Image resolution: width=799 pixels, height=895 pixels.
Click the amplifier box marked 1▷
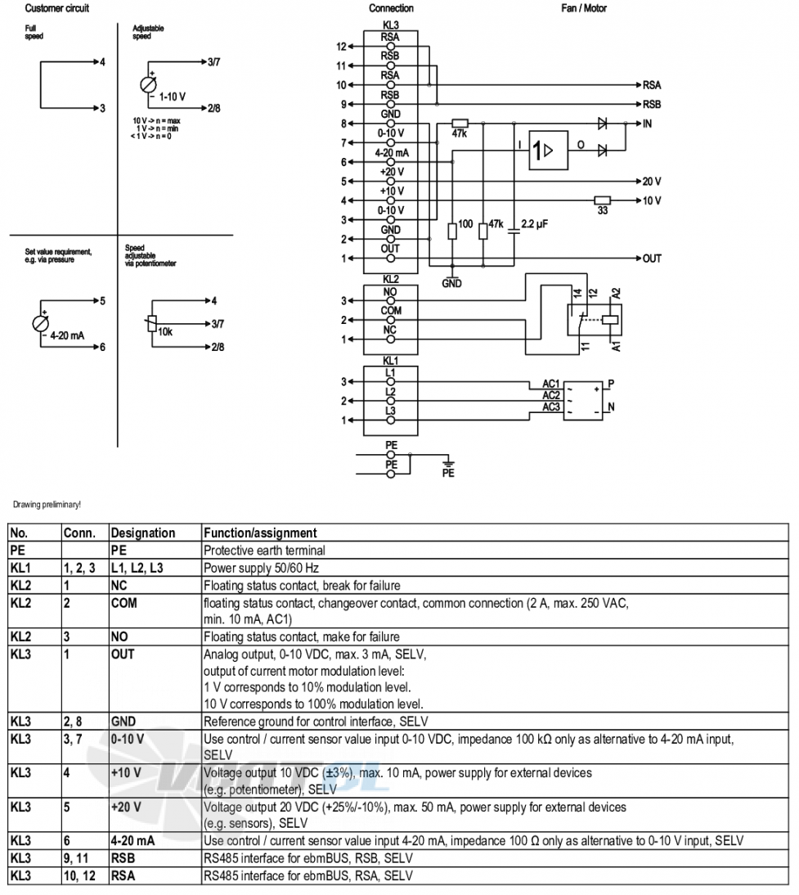(x=549, y=150)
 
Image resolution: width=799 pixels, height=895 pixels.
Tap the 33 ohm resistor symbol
(x=603, y=200)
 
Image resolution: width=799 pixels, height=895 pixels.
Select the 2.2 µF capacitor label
(x=534, y=224)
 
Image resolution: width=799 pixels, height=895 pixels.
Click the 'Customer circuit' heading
(x=57, y=8)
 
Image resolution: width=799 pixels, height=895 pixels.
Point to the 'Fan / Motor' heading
(x=584, y=8)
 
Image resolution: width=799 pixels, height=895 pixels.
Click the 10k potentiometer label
(x=165, y=331)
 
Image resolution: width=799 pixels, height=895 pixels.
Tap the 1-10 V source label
(x=173, y=97)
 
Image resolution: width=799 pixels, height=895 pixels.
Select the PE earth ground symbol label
(x=448, y=473)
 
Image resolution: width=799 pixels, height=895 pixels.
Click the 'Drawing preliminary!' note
(x=47, y=505)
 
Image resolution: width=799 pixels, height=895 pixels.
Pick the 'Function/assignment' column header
(x=260, y=533)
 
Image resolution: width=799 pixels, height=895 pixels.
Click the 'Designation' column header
(x=143, y=533)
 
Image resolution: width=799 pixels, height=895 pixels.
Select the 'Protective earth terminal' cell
(x=264, y=551)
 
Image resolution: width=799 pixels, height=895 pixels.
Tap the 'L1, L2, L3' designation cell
(x=137, y=569)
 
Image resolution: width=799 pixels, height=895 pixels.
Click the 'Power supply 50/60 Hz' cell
(x=261, y=569)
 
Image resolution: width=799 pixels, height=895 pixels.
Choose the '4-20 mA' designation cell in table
(x=132, y=841)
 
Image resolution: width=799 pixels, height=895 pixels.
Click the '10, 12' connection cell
(x=80, y=876)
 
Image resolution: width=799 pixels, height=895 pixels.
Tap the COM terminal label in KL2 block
(x=391, y=311)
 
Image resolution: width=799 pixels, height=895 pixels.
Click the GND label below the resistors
(x=451, y=284)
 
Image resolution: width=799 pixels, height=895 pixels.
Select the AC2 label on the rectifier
(x=551, y=396)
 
